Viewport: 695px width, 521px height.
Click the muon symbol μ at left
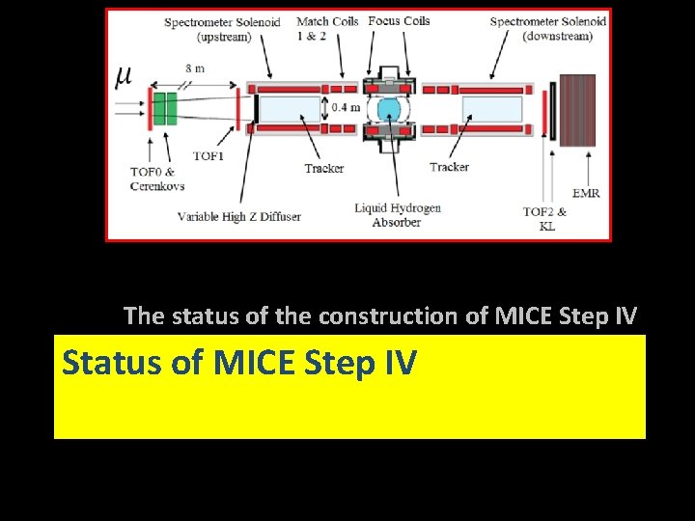pyautogui.click(x=124, y=75)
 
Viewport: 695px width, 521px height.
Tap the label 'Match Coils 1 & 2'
pyautogui.click(x=327, y=28)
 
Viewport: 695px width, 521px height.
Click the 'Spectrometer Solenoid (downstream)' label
pyautogui.click(x=548, y=28)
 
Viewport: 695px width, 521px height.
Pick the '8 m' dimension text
pyautogui.click(x=195, y=69)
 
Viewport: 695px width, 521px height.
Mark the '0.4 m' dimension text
pyautogui.click(x=345, y=107)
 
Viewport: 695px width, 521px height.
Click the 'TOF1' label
pyautogui.click(x=208, y=155)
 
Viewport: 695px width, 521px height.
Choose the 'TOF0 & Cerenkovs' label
pyautogui.click(x=157, y=178)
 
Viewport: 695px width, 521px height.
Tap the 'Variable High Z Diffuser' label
pyautogui.click(x=238, y=216)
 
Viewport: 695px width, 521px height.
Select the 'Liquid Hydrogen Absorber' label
pyautogui.click(x=397, y=214)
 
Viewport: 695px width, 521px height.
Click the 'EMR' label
pyautogui.click(x=586, y=193)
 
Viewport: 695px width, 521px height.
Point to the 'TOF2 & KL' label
pyautogui.click(x=544, y=218)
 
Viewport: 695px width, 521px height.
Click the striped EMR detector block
pyautogui.click(x=577, y=109)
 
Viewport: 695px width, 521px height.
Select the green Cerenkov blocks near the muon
pyautogui.click(x=163, y=107)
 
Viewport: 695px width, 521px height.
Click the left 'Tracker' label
pyautogui.click(x=323, y=168)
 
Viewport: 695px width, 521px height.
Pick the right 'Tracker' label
pyautogui.click(x=449, y=167)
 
